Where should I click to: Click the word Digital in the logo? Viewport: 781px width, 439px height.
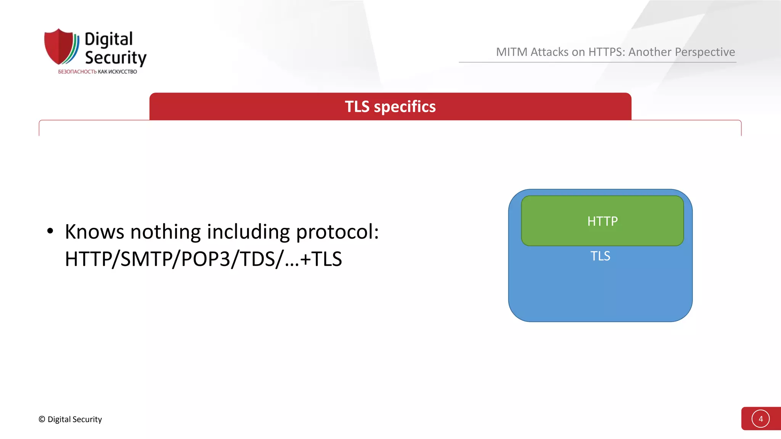[x=109, y=40]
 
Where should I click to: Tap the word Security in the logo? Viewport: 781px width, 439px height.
[x=116, y=58]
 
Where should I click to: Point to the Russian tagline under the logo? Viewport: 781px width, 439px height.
[x=97, y=72]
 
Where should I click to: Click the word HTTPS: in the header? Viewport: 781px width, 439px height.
[x=607, y=52]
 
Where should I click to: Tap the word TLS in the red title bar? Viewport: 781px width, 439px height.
[x=357, y=107]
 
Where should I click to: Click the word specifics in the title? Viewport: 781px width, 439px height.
[x=405, y=107]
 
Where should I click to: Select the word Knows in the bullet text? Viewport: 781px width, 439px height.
[x=95, y=232]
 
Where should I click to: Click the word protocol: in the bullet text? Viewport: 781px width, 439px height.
[x=337, y=232]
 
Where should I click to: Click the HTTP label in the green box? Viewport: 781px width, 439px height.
[x=602, y=221]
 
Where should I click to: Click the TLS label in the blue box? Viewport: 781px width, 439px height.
[x=600, y=256]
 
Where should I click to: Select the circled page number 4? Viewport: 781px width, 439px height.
[x=760, y=419]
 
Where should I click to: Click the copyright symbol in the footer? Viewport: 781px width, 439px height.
[x=42, y=419]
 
